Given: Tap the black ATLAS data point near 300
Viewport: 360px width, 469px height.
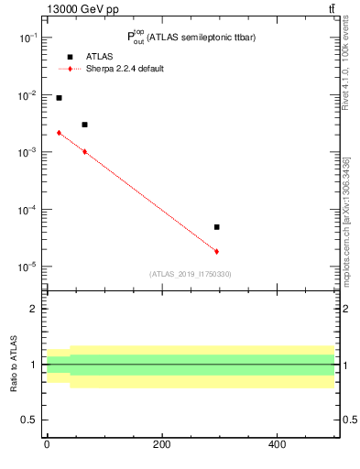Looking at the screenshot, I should point(216,227).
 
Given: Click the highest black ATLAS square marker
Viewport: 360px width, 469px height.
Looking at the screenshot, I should point(59,98).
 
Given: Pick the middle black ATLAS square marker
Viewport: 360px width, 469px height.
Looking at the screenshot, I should point(84,125).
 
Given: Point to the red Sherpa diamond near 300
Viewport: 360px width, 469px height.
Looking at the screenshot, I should point(216,251).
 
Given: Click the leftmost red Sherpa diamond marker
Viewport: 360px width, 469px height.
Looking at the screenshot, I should point(59,133).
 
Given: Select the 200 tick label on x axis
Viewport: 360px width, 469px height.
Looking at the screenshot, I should point(161,444).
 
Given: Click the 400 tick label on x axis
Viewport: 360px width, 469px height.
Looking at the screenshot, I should point(276,444).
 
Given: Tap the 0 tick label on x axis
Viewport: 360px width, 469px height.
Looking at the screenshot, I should point(47,444).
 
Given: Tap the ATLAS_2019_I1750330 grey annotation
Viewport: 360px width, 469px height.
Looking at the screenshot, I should point(190,274).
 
